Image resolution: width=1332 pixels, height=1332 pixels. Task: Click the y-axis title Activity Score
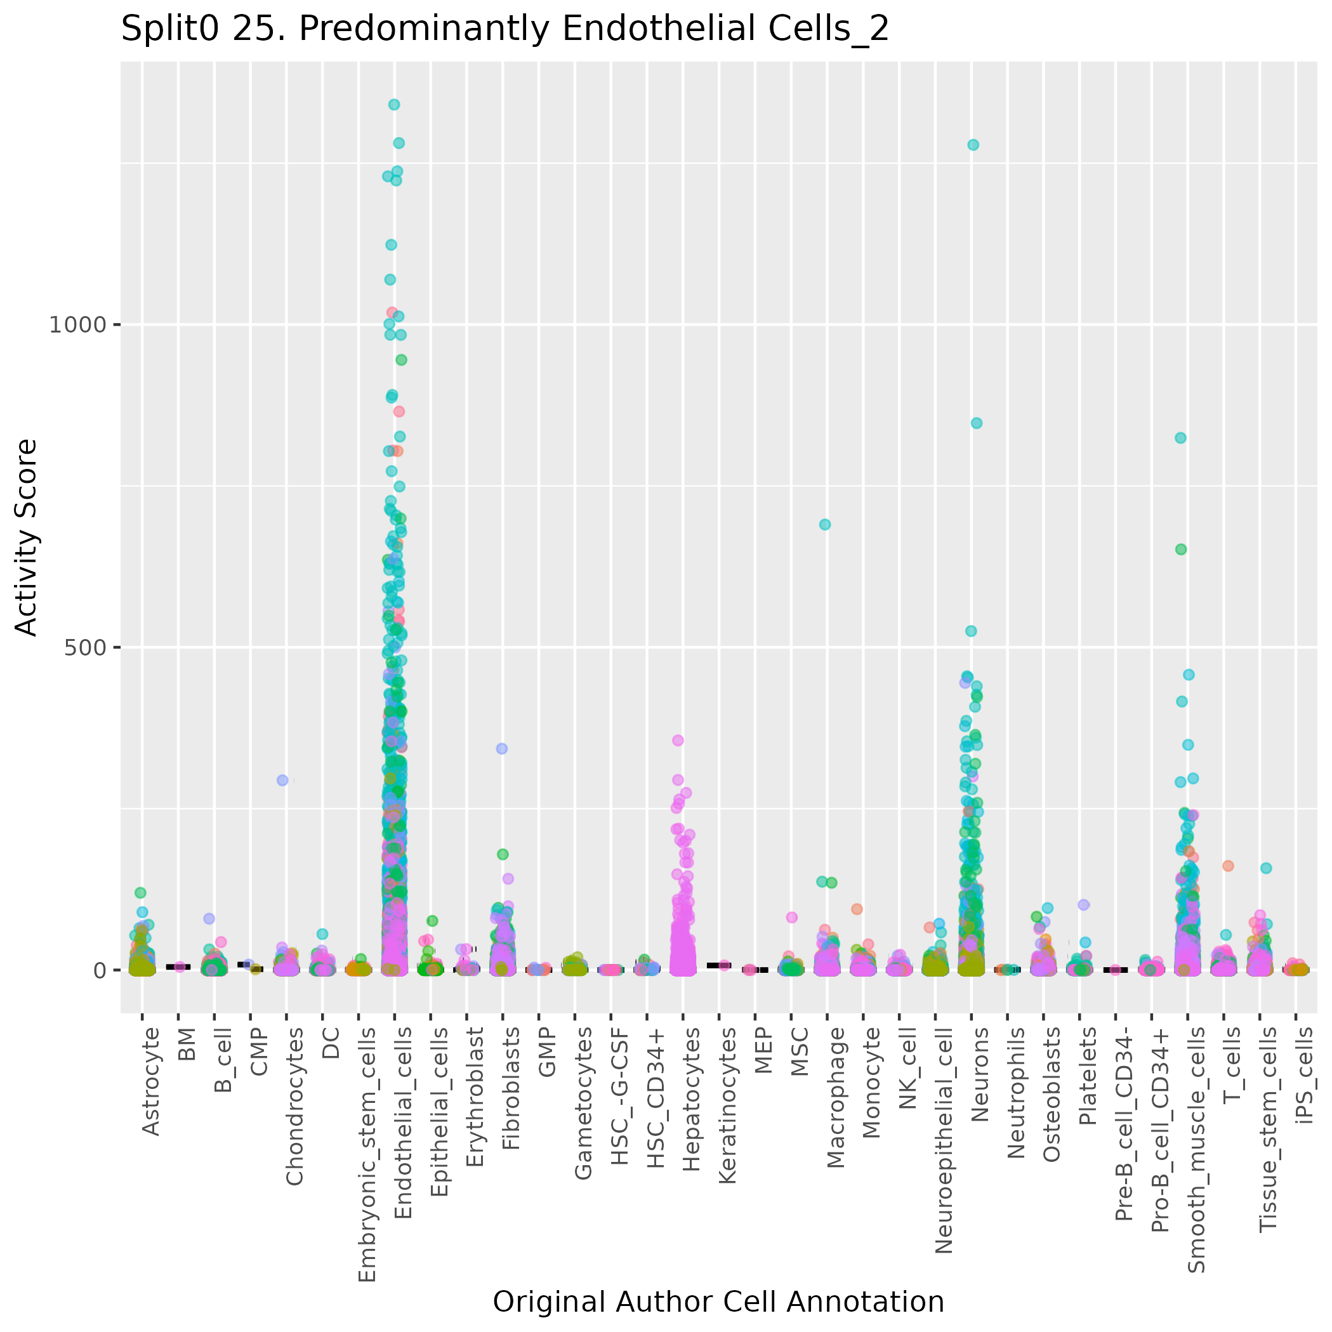(27, 537)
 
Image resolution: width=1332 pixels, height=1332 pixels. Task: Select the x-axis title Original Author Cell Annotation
(718, 1302)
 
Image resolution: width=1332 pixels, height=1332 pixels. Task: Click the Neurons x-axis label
(980, 1075)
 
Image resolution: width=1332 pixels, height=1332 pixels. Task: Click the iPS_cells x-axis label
(1305, 1075)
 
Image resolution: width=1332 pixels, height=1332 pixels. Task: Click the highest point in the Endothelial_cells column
(393, 105)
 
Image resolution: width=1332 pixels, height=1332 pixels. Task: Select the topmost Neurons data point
(973, 145)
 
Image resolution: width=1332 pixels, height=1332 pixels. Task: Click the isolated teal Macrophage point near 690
(824, 524)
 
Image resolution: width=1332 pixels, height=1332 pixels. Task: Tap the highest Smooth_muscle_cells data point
(1180, 438)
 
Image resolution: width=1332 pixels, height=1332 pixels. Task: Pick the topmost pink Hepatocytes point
(678, 741)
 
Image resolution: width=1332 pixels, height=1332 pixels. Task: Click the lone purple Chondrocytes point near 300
(282, 781)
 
